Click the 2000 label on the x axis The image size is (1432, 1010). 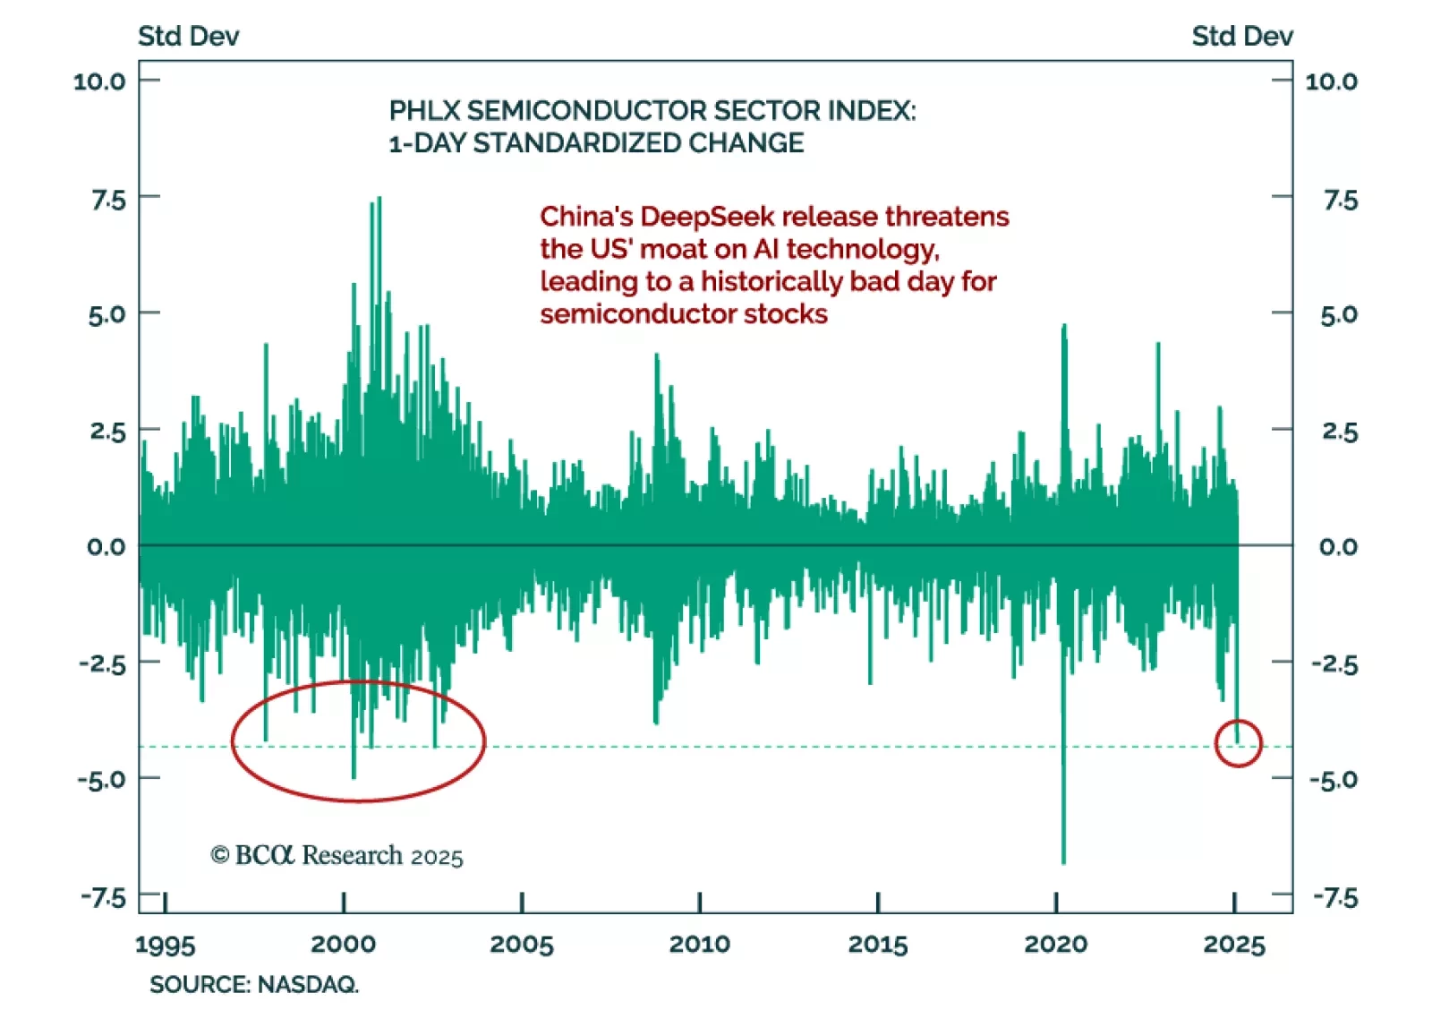click(x=343, y=944)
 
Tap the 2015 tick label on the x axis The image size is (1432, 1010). click(x=877, y=944)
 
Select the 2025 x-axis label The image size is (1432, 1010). click(x=1234, y=944)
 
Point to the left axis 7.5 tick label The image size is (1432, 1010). click(x=108, y=199)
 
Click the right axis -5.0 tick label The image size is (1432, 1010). click(x=1334, y=779)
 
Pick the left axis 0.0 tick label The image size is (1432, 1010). click(x=107, y=546)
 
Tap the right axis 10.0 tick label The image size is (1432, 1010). click(x=1331, y=81)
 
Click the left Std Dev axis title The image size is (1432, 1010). click(x=188, y=36)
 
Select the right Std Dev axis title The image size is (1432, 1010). click(x=1241, y=36)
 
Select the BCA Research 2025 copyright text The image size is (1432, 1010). click(x=337, y=856)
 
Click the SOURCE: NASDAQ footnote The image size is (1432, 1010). click(x=254, y=984)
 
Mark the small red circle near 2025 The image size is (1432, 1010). click(x=1238, y=742)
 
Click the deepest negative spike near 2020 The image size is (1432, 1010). click(x=1063, y=860)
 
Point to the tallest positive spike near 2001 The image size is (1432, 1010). click(x=379, y=200)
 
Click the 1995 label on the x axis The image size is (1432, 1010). click(x=165, y=944)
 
